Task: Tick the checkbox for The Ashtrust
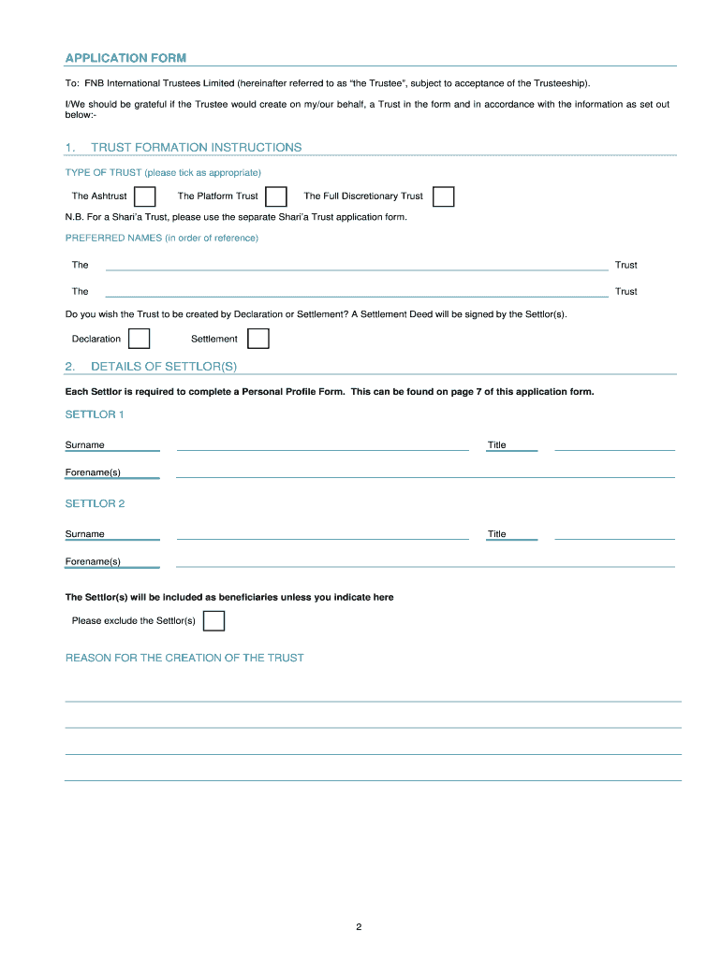click(x=145, y=196)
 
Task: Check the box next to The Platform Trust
click(x=276, y=196)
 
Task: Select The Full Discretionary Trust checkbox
click(x=444, y=196)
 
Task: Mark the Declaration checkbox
click(x=139, y=339)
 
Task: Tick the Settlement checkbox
click(x=258, y=339)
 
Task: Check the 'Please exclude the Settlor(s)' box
click(x=214, y=621)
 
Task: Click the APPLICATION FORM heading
click(x=125, y=58)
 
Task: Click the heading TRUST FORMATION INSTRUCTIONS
click(x=196, y=148)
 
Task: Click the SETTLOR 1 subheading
click(x=95, y=414)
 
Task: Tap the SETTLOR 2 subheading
click(x=95, y=503)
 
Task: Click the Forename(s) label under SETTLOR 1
click(x=93, y=472)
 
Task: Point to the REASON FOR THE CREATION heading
click(x=184, y=658)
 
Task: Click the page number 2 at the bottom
click(x=359, y=927)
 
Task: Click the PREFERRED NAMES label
click(x=161, y=238)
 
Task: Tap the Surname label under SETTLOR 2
click(x=85, y=534)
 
